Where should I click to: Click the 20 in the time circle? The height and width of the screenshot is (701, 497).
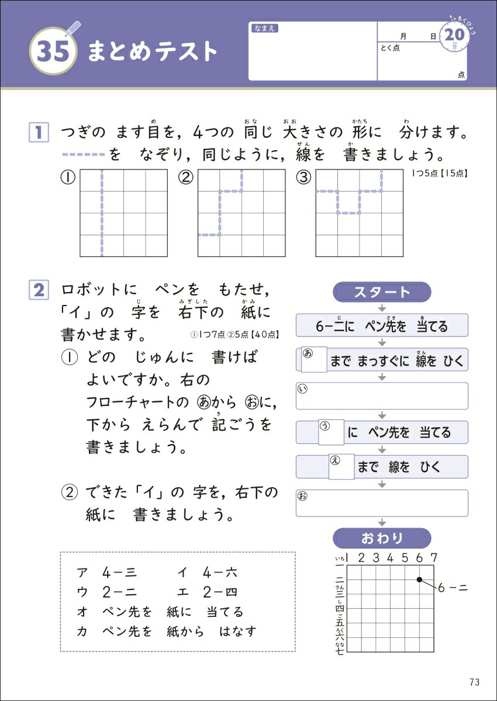(x=454, y=36)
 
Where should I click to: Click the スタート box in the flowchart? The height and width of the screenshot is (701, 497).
(x=381, y=292)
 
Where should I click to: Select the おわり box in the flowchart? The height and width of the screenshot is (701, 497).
(x=381, y=538)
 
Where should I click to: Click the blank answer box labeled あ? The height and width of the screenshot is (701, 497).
(x=313, y=359)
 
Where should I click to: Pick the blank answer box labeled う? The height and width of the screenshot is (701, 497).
(x=330, y=432)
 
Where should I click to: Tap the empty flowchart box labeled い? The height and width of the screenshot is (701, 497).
(x=382, y=396)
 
